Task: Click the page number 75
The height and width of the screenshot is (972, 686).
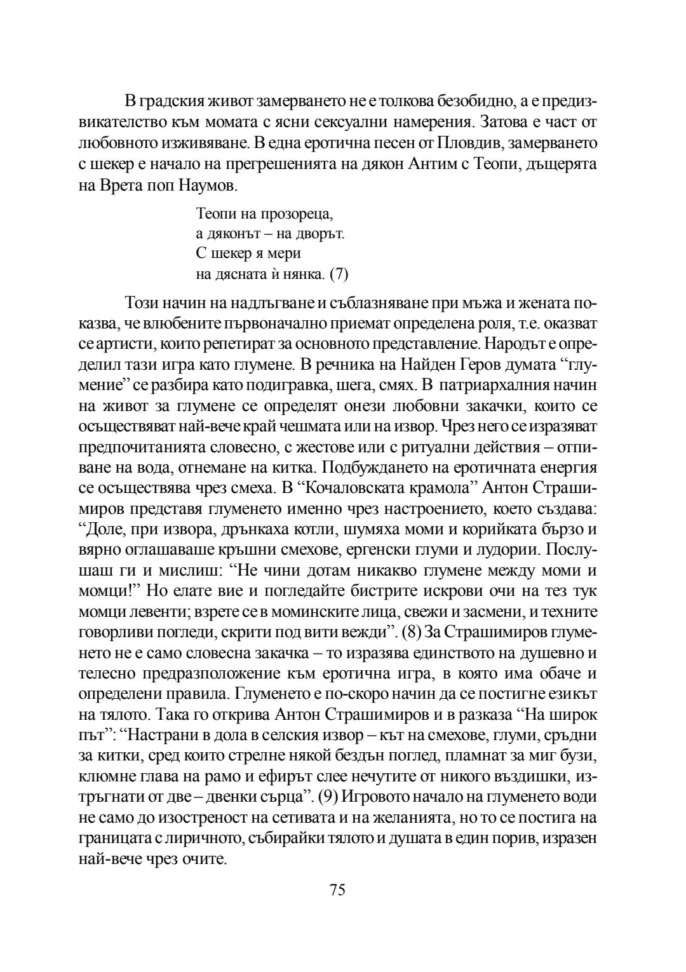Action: point(337,890)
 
